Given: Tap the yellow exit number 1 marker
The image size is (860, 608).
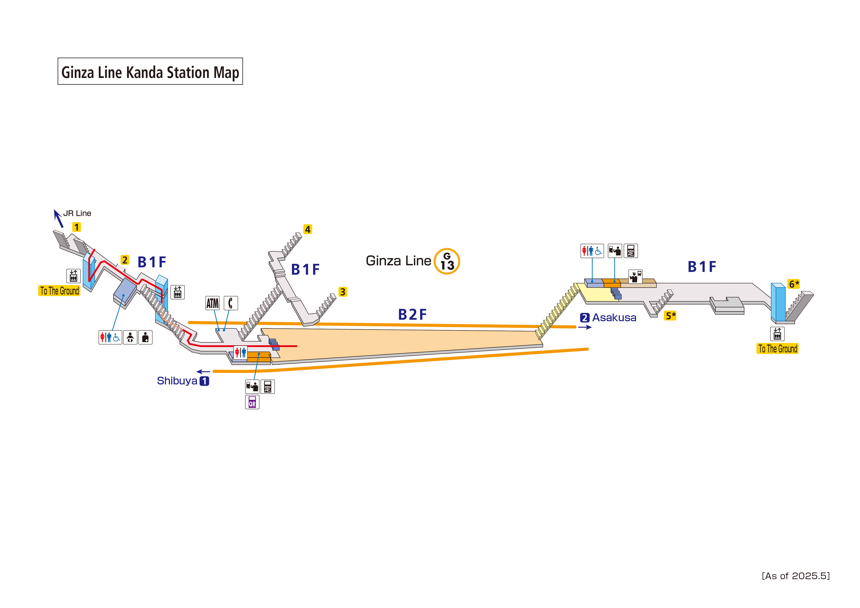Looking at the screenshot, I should pyautogui.click(x=76, y=227).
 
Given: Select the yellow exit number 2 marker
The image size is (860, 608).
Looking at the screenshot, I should pyautogui.click(x=125, y=260).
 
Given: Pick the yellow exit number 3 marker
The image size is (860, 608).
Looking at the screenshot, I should pyautogui.click(x=342, y=292).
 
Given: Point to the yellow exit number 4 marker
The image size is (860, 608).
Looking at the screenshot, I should pyautogui.click(x=307, y=229).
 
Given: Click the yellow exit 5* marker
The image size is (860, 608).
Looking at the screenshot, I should pyautogui.click(x=670, y=316).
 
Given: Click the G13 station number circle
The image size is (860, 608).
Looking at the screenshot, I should pyautogui.click(x=447, y=261).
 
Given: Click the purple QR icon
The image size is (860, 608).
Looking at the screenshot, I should pyautogui.click(x=252, y=402).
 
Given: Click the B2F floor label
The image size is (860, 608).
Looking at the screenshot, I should pyautogui.click(x=412, y=315).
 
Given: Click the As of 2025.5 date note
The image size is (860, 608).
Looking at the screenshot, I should pyautogui.click(x=796, y=576).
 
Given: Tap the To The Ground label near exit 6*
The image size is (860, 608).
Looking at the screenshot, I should pyautogui.click(x=778, y=349).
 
